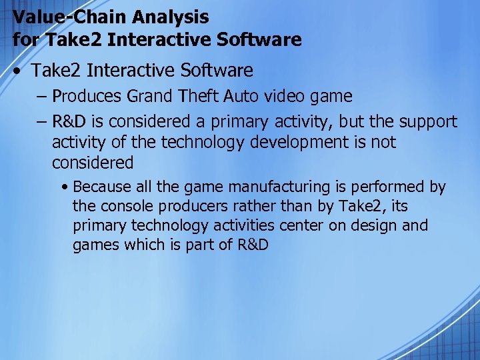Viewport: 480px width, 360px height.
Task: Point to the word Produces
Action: [87, 96]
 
